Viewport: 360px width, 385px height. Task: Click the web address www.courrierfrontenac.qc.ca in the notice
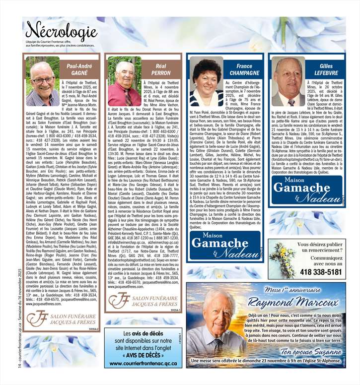143,363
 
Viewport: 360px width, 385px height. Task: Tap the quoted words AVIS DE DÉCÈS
143,355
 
